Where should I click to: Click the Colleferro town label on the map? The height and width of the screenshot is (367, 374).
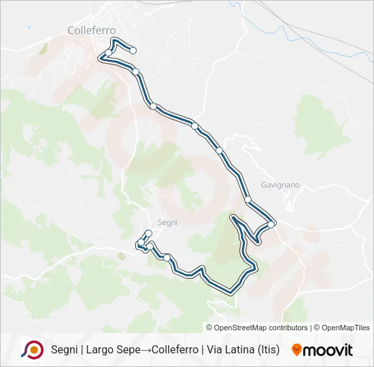[x=92, y=30]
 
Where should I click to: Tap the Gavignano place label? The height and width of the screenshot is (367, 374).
[x=279, y=184]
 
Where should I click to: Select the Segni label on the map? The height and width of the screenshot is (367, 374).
[x=167, y=222]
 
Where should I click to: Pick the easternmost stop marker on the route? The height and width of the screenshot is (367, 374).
[x=271, y=224]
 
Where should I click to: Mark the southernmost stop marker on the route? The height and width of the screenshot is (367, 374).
[x=167, y=258]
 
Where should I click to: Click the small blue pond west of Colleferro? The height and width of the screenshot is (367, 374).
[x=29, y=28]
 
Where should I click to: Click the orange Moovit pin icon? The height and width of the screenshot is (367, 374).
[x=296, y=350]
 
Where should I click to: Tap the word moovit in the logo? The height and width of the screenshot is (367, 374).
[x=329, y=350]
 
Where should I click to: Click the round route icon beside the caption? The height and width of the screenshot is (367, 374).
[x=33, y=349]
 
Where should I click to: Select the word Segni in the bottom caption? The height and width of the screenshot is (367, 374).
[x=65, y=350]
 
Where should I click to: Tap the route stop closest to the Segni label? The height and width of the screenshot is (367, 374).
[x=148, y=234]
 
